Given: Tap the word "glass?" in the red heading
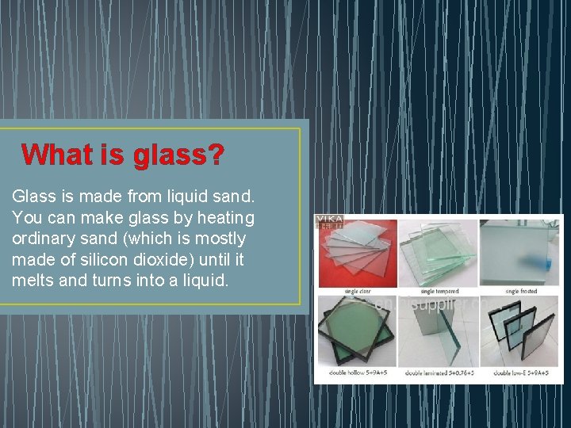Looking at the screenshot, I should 178,154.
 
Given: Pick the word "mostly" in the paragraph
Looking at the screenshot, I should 220,239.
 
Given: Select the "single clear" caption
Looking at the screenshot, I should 357,292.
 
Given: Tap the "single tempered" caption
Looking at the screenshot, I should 438,292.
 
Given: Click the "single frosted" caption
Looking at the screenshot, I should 519,292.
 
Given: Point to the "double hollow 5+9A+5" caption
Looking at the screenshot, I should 357,373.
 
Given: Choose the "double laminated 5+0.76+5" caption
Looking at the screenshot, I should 438,373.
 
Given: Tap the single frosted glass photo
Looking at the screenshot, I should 519,252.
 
